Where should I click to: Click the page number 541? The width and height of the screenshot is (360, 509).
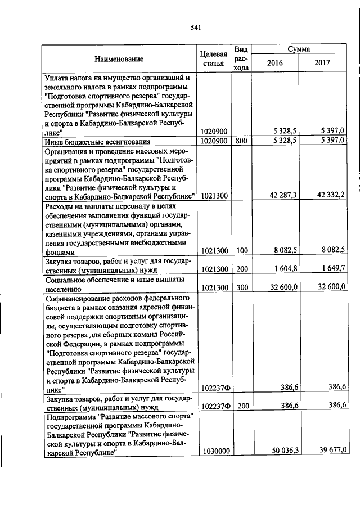coord(196,27)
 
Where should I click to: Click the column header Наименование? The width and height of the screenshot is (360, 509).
coord(119,58)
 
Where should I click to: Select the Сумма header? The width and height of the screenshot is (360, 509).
coord(299,49)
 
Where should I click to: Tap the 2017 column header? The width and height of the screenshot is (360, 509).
coord(323,63)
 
